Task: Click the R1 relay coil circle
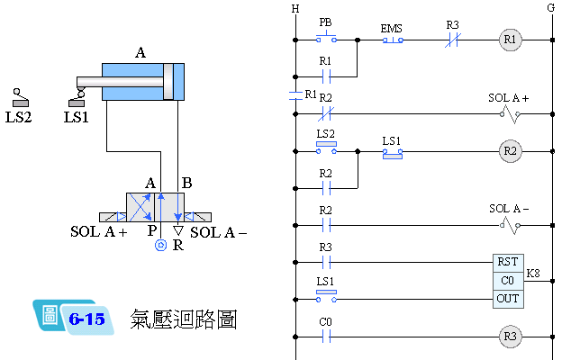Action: pyautogui.click(x=510, y=40)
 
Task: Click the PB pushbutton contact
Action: pyautogui.click(x=326, y=40)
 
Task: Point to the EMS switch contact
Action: pyautogui.click(x=392, y=40)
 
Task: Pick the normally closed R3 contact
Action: pyautogui.click(x=454, y=40)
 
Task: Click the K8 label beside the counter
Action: pyautogui.click(x=534, y=273)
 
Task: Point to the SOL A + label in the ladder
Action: pyautogui.click(x=509, y=97)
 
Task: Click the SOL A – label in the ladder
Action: pyautogui.click(x=509, y=209)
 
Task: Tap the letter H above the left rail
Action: pyautogui.click(x=295, y=9)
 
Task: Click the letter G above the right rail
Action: pyautogui.click(x=550, y=9)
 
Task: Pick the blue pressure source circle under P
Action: pyautogui.click(x=159, y=244)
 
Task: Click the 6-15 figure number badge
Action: pyautogui.click(x=86, y=319)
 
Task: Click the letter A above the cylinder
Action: pyautogui.click(x=140, y=53)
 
